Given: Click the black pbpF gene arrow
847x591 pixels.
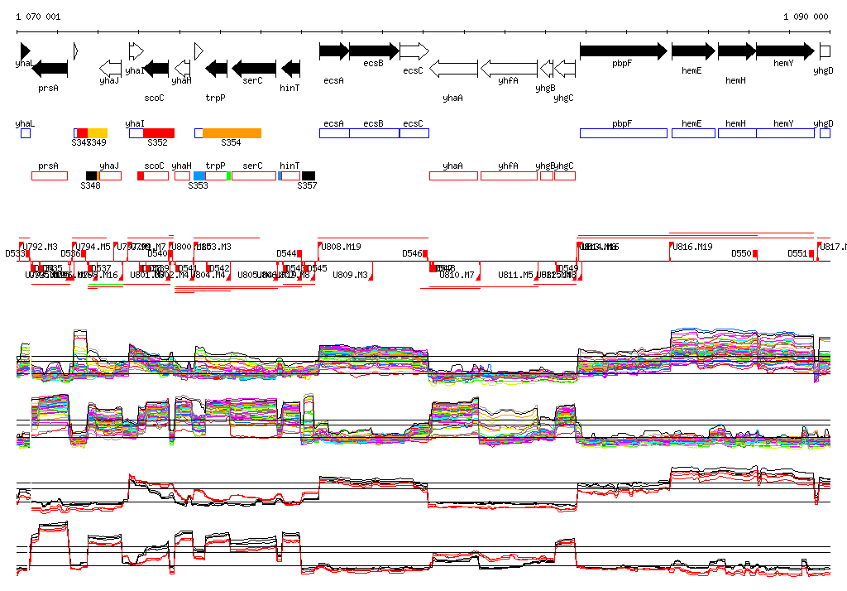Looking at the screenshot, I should pos(623,50).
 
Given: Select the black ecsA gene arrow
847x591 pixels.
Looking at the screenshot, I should pos(333,50).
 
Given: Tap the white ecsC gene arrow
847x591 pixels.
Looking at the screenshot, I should pos(414,50).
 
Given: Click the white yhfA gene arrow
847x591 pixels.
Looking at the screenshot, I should pos(509,68).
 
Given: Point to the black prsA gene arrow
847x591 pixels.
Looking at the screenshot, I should pos(49,68).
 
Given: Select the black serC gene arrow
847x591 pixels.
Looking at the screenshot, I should pos(253,68).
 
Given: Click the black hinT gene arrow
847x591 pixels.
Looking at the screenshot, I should pos(290,68).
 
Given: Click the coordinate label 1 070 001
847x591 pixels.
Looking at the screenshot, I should pos(38,17).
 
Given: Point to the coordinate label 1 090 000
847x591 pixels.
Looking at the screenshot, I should pos(806,17).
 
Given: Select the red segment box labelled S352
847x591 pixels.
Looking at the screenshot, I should pos(159,133).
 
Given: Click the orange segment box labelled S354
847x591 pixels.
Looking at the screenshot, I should pos(232,133).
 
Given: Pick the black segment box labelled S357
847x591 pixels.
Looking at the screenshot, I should pos(309,175).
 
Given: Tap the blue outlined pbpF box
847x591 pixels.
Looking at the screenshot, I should pos(623,133).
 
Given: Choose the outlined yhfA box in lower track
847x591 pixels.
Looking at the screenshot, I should pos(508,175).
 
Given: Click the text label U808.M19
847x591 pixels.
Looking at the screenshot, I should pos(341,247).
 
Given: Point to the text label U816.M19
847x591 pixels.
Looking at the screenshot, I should pos(692,247).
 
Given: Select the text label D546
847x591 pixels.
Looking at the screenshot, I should pos(412,253).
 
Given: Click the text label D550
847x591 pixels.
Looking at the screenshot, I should pos(741,253).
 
